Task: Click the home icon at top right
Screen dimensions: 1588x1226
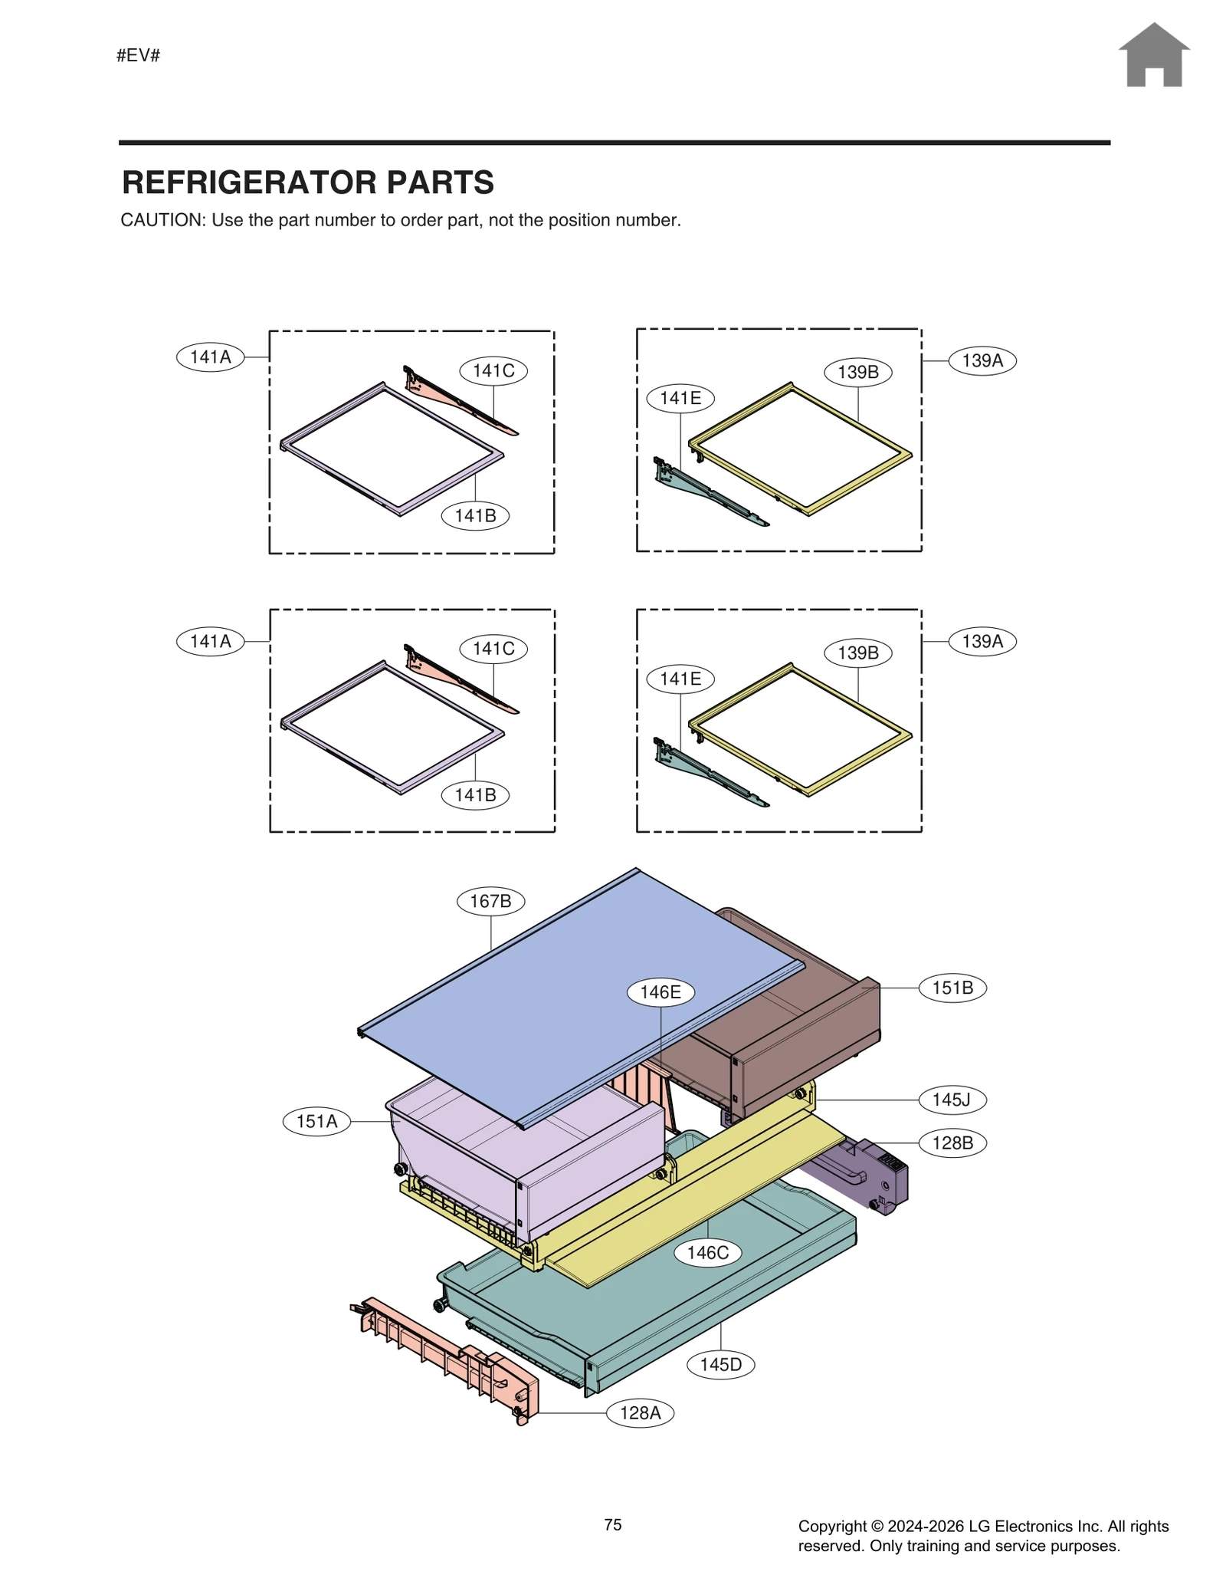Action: click(1153, 55)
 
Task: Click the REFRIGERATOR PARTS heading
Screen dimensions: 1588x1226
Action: click(307, 182)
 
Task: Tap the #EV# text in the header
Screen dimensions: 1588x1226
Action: click(138, 55)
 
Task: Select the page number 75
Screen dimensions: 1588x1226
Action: click(612, 1524)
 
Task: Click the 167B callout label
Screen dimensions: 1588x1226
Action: click(490, 901)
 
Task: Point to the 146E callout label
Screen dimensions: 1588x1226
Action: click(661, 992)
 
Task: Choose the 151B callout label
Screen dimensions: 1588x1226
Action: click(952, 988)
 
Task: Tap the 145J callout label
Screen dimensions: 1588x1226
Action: click(952, 1100)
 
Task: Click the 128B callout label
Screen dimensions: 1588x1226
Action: click(952, 1143)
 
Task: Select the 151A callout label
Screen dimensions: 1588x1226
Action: click(316, 1122)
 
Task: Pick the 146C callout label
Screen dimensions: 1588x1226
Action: click(707, 1253)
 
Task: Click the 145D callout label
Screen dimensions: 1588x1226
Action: click(720, 1365)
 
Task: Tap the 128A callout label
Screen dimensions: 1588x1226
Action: click(640, 1412)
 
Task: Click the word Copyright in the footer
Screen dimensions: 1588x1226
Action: click(833, 1526)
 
